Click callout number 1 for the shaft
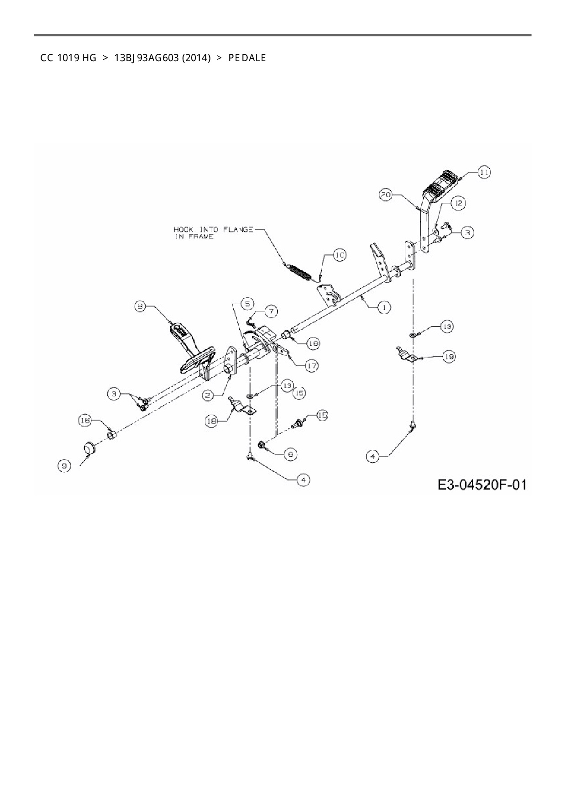click(384, 307)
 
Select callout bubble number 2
click(208, 395)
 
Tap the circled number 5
click(246, 303)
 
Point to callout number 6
click(290, 454)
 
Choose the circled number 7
click(271, 311)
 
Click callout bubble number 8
click(141, 306)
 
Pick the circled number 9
click(64, 466)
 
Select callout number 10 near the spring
click(340, 255)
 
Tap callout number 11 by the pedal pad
click(484, 173)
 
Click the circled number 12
click(458, 204)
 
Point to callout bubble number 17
click(312, 365)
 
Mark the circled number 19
click(449, 357)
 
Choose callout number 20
click(386, 195)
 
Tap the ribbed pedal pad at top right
click(441, 185)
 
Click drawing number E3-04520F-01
click(482, 485)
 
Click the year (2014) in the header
click(196, 58)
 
